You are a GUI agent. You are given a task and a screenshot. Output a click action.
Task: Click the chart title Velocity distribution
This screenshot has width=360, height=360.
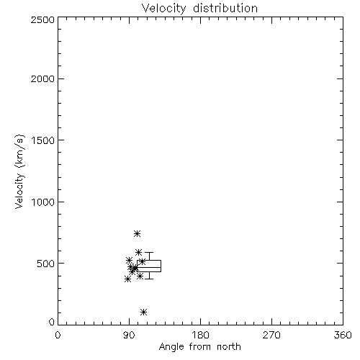199,8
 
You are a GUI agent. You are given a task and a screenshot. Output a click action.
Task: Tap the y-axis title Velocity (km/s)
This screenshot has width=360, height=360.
19,171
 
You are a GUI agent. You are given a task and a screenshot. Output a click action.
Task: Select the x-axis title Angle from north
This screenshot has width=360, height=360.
199,347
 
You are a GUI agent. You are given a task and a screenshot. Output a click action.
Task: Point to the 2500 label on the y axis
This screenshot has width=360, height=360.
42,19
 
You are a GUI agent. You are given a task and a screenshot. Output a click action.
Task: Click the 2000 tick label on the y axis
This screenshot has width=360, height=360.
42,78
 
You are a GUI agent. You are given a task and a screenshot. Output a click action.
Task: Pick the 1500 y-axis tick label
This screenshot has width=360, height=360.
43,140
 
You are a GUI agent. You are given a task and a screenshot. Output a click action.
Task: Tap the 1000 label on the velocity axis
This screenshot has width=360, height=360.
43,202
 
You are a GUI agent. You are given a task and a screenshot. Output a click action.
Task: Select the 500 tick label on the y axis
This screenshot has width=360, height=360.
46,264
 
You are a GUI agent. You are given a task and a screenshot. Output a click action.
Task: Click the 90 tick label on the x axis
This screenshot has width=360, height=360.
129,335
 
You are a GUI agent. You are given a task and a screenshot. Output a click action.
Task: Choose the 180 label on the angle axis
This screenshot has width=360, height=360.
200,335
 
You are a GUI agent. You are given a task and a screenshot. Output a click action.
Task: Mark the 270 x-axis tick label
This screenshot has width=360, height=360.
271,335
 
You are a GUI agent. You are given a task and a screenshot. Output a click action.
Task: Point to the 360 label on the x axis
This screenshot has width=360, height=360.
343,335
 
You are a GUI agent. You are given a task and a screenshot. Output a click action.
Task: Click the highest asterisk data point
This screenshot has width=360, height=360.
137,233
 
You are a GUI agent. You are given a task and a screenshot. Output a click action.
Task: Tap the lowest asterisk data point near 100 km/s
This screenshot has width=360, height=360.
143,312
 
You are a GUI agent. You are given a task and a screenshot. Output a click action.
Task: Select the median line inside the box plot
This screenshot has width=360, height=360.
149,267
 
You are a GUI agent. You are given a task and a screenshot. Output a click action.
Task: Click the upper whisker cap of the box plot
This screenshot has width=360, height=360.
149,253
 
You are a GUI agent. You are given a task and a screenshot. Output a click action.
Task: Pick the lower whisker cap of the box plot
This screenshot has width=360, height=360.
149,279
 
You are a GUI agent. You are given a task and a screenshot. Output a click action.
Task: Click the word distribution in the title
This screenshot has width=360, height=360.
225,8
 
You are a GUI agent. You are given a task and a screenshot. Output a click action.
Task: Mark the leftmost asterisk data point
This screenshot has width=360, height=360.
127,279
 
